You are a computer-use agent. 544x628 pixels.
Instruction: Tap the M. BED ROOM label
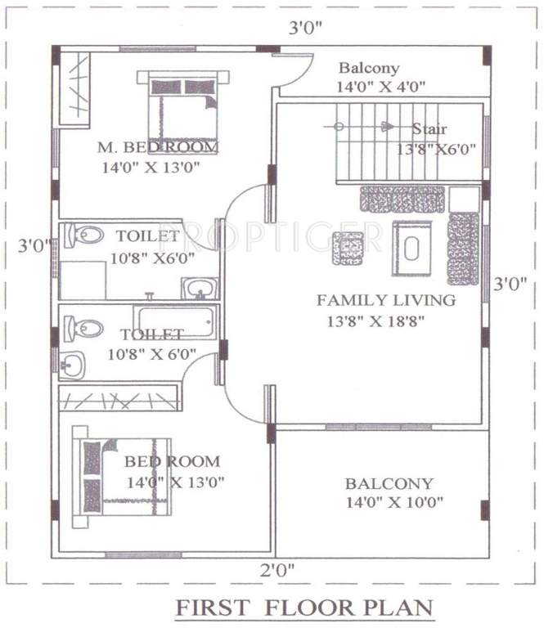158,147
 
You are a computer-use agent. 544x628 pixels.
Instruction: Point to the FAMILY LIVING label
385,300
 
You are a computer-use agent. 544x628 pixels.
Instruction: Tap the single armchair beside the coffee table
348,248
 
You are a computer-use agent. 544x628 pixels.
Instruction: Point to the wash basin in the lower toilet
72,364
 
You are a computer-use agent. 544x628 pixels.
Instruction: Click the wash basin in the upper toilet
199,288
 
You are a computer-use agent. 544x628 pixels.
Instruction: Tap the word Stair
429,129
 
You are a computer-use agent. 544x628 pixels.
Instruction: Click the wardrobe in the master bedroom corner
74,87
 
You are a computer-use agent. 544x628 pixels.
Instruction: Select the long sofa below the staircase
402,199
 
